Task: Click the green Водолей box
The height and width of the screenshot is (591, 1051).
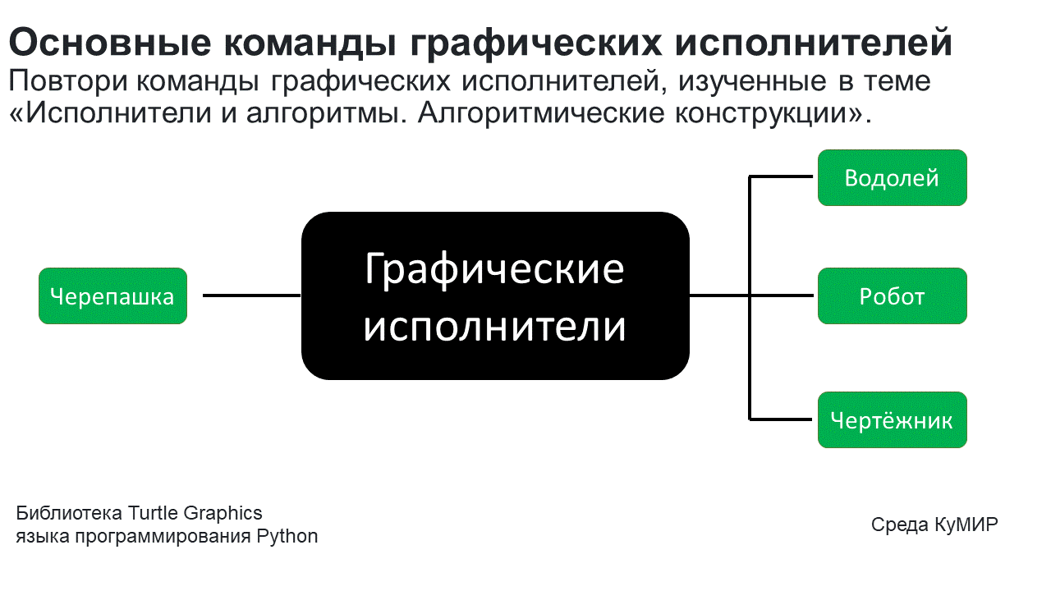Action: click(x=892, y=177)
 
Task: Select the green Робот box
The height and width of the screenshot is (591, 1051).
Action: click(x=892, y=295)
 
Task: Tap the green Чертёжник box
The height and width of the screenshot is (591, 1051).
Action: click(x=892, y=420)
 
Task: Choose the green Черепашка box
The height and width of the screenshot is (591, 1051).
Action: click(x=112, y=295)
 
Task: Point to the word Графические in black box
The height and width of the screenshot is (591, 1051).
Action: click(x=494, y=268)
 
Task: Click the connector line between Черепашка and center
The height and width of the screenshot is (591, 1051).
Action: click(x=251, y=295)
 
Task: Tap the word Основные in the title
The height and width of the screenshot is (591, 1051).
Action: click(x=103, y=42)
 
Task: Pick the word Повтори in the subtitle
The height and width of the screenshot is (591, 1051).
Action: click(x=69, y=81)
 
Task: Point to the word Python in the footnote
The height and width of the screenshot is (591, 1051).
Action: click(x=287, y=537)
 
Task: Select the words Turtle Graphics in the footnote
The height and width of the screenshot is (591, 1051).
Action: click(x=195, y=514)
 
